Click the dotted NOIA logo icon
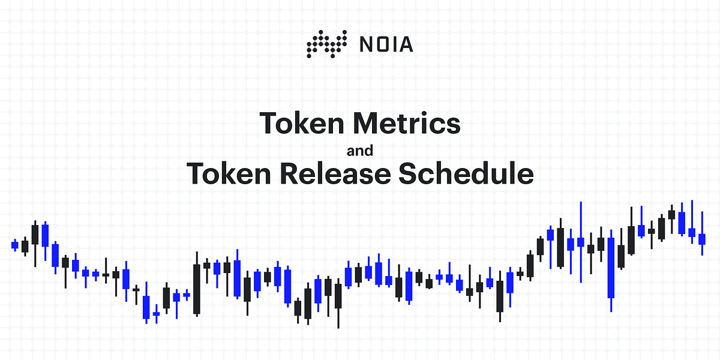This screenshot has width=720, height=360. point(326,44)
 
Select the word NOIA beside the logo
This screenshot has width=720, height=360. point(386,44)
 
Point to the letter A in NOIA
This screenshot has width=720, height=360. point(406,44)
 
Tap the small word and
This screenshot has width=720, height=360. point(360,149)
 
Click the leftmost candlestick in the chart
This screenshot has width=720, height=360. point(15,244)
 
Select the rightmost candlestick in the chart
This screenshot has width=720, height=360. point(702,239)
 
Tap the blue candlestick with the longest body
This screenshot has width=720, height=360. point(611,268)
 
